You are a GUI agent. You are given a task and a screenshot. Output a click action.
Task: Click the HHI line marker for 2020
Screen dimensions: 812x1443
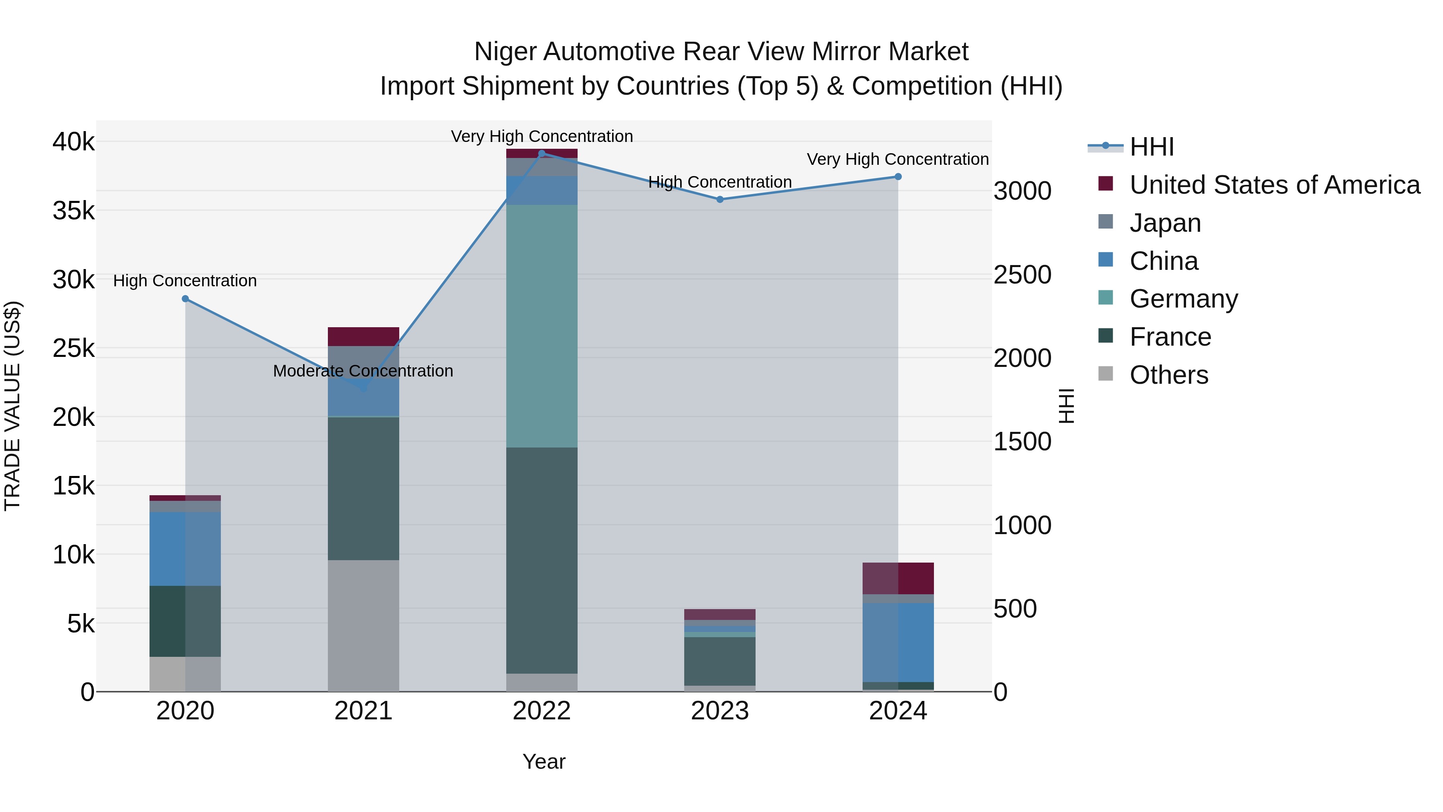(186, 299)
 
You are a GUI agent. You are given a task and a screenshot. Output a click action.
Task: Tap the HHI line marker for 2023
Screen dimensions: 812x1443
(720, 200)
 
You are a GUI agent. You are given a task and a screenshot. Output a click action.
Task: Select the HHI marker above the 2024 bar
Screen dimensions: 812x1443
(898, 176)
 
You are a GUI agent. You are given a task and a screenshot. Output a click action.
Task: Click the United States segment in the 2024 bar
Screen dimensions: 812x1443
(898, 578)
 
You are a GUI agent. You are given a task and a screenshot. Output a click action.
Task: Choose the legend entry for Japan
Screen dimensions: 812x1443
(1165, 223)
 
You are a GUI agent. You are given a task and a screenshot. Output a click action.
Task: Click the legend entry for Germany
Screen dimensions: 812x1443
(1184, 299)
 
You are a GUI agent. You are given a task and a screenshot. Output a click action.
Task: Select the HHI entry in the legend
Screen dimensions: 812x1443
(1151, 147)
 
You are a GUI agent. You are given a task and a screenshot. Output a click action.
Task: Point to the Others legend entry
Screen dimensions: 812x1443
(1168, 375)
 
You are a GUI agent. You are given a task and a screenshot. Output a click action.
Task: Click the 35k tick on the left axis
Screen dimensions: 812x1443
(74, 211)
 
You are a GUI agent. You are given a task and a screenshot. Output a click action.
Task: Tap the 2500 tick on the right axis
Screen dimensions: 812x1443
(1022, 275)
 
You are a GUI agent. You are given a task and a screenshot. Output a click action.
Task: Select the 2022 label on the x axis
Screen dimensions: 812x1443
(542, 711)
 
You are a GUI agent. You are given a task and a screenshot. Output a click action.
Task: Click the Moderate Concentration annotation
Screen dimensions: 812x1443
(363, 371)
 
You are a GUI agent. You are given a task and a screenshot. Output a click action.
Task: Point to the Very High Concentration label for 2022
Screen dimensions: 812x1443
(542, 136)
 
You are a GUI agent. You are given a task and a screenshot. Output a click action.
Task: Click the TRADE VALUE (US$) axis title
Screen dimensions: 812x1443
(12, 406)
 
